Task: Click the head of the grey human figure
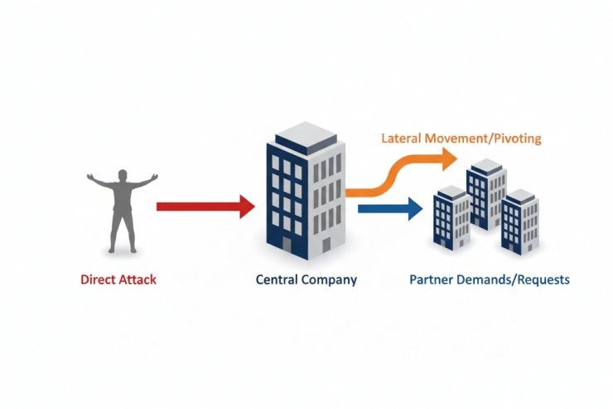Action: coord(123,176)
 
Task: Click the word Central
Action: coord(277,280)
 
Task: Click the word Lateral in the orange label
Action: coord(400,138)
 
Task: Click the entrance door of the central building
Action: coord(287,245)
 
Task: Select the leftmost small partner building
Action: coord(452,217)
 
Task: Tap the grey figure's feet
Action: coord(123,249)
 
